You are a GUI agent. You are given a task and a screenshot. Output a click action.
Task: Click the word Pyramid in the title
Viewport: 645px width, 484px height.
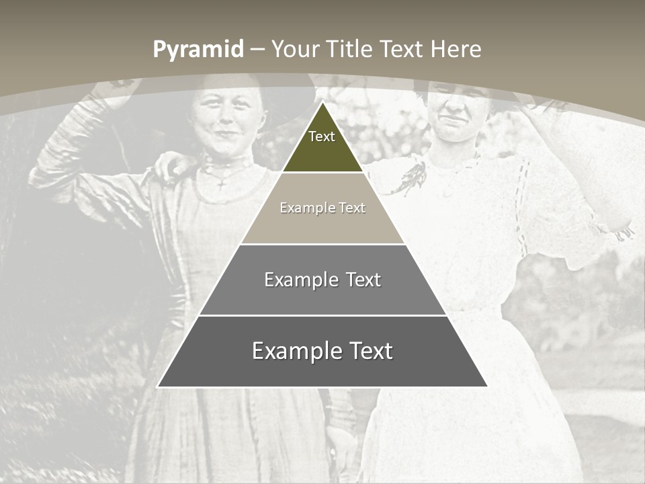(x=198, y=49)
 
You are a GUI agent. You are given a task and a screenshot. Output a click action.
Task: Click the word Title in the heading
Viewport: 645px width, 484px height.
(x=349, y=49)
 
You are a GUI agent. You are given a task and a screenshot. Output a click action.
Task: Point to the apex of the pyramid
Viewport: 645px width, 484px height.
(x=322, y=103)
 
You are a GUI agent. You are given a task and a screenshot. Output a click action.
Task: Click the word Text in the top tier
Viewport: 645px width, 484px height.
(x=322, y=136)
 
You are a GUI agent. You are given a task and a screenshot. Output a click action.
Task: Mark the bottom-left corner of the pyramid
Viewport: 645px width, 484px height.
(x=158, y=387)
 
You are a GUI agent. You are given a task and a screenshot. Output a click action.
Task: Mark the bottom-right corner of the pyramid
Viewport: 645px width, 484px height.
(x=487, y=387)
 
